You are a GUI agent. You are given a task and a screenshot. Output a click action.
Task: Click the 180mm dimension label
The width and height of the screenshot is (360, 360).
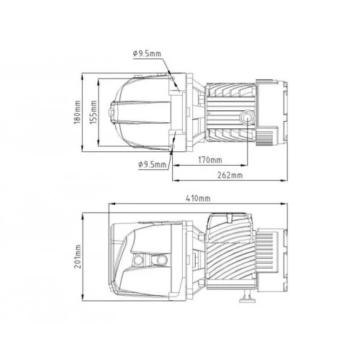tap(78, 112)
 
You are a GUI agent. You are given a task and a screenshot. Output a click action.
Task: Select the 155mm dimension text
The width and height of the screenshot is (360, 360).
tap(94, 112)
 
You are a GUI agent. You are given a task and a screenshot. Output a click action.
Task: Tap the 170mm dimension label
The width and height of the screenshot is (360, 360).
tap(210, 160)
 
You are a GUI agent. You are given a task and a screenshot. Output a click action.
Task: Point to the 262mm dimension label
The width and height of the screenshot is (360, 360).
tap(230, 175)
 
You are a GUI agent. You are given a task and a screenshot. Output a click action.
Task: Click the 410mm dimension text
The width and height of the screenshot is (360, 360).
tap(198, 199)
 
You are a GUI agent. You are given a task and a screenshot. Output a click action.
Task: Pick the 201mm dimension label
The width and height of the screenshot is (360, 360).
tap(78, 256)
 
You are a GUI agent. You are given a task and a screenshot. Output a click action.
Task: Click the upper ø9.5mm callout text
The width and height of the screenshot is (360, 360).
tap(147, 53)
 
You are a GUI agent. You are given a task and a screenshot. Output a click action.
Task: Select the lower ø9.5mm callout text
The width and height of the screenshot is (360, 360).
tap(153, 165)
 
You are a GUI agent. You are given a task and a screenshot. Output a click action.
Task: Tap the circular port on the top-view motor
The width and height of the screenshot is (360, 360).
tap(246, 118)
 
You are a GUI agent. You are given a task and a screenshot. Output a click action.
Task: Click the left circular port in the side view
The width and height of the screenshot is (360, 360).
tap(138, 259)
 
